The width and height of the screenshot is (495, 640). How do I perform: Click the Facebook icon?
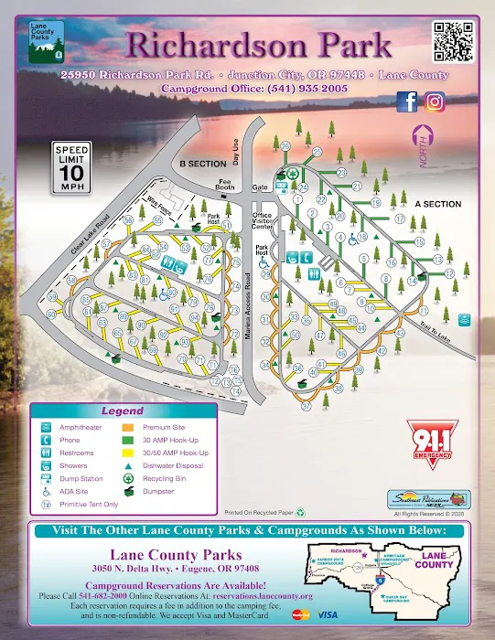click(407, 102)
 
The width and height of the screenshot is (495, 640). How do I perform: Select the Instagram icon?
click(435, 102)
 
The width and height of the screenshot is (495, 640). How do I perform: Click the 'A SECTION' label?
click(438, 204)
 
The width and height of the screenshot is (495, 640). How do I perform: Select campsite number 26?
click(285, 146)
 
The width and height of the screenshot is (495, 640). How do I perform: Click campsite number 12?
click(449, 273)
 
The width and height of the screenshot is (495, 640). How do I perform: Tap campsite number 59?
click(52, 298)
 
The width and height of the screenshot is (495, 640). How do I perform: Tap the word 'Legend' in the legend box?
click(122, 411)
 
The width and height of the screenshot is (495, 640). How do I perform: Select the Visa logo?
click(328, 614)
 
